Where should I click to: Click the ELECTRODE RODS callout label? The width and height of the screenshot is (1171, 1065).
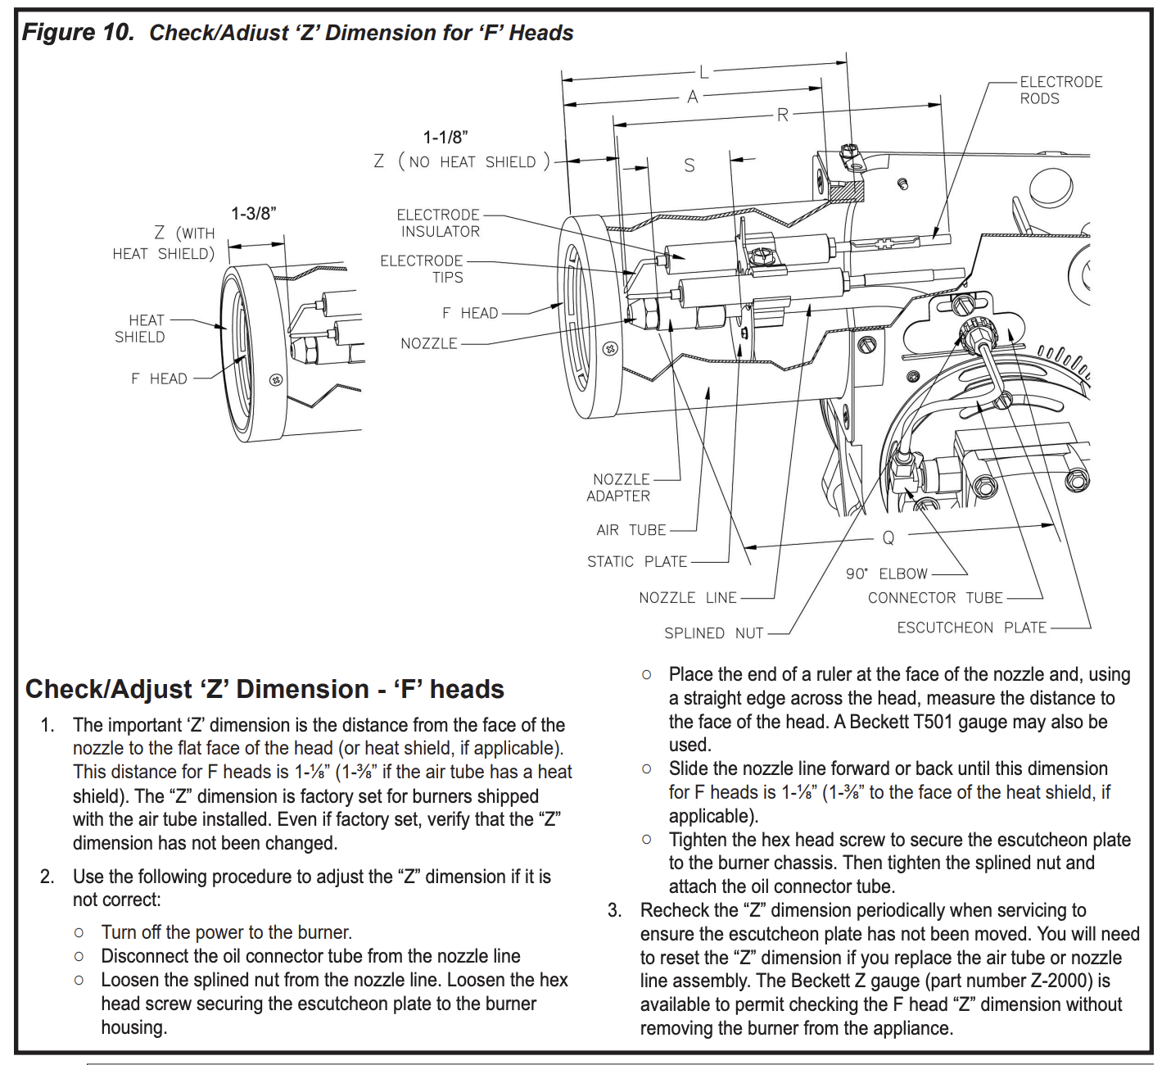1060,90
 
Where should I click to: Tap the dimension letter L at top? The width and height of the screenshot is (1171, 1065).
703,72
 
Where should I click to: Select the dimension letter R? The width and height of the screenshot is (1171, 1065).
783,116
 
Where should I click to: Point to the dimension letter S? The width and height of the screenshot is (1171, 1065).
689,166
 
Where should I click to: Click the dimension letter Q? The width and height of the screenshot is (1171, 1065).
888,538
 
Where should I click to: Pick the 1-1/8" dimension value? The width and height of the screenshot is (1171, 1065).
445,138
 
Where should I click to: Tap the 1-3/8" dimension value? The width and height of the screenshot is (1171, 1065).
254,214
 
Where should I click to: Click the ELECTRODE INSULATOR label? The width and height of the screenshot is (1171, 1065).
438,223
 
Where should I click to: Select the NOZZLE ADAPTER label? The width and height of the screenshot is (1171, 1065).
619,487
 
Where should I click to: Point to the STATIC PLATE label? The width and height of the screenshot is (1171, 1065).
636,562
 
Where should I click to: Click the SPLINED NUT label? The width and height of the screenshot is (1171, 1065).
713,633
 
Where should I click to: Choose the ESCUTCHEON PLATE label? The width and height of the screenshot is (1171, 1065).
971,628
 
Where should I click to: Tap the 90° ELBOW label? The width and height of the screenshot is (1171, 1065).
887,573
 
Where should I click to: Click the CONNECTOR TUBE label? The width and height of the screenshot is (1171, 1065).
934,598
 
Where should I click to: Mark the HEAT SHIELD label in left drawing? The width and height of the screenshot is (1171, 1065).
140,329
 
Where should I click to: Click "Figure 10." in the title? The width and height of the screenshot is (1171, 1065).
78,32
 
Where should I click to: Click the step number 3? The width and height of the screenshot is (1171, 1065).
614,910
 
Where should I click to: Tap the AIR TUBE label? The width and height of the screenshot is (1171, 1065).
631,530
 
